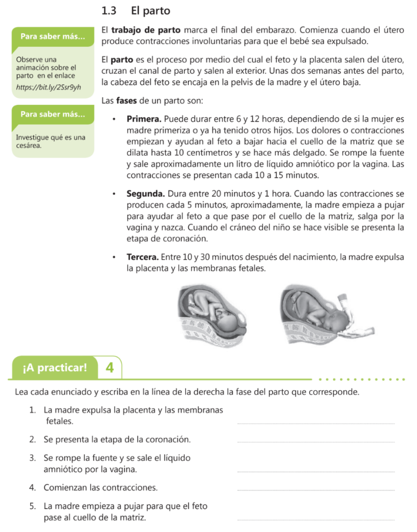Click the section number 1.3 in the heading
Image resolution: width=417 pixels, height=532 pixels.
(x=109, y=10)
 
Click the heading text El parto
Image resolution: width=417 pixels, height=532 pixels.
(x=151, y=10)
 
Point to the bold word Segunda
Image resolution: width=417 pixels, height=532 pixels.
(x=146, y=194)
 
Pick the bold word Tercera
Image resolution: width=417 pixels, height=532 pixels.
(x=143, y=257)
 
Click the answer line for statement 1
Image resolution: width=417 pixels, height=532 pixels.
(x=315, y=423)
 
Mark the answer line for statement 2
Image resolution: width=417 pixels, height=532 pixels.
(x=315, y=442)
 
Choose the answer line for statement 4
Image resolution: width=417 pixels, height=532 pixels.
(x=315, y=490)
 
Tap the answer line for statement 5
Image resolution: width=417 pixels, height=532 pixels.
(x=315, y=520)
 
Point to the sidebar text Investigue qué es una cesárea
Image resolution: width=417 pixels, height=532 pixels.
(x=50, y=141)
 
